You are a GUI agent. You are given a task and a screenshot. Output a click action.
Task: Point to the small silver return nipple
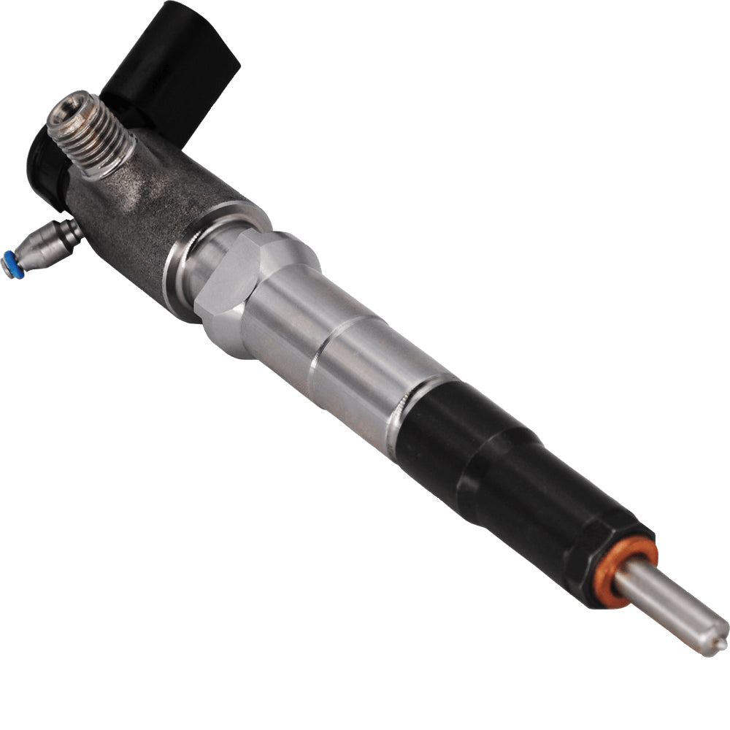pyautogui.click(x=44, y=245)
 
